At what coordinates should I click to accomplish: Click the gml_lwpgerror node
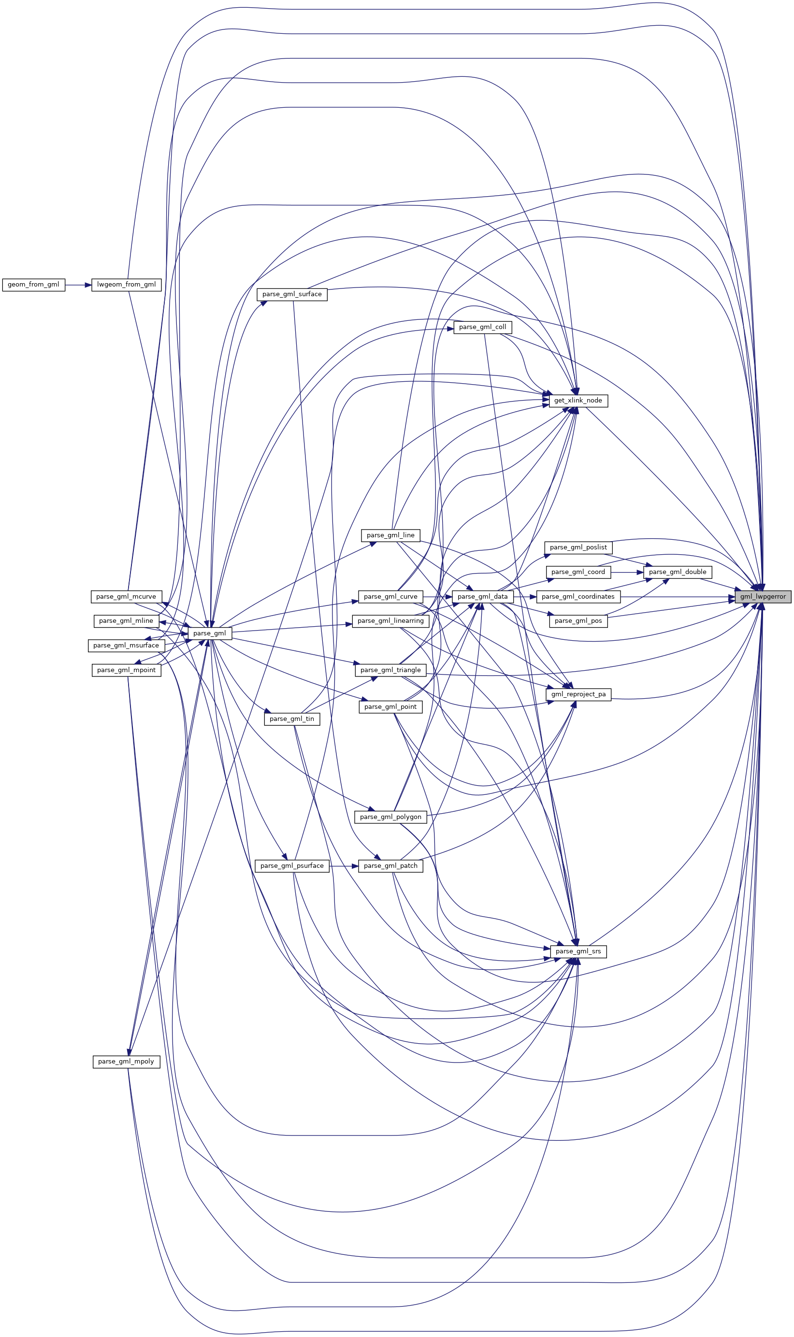click(763, 596)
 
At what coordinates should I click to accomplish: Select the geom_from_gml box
click(34, 285)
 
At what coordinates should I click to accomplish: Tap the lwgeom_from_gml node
click(126, 285)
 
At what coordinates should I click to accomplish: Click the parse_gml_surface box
click(292, 294)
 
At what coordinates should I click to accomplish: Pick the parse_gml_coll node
click(483, 327)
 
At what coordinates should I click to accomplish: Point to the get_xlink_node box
click(578, 400)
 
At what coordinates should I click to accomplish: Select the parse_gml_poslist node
click(578, 547)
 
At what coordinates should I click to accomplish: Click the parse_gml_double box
click(678, 572)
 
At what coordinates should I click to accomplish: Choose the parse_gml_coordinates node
click(578, 596)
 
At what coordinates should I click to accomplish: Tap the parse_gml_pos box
click(578, 621)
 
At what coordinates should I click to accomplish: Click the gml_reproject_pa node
click(578, 694)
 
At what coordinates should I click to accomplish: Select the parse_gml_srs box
click(578, 951)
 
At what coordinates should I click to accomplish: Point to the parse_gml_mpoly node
click(126, 1062)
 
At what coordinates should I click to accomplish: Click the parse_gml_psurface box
click(292, 866)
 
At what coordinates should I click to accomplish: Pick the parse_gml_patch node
click(390, 866)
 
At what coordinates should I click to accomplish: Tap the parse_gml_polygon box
click(390, 817)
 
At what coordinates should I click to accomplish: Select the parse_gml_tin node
click(292, 719)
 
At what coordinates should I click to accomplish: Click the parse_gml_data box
click(483, 596)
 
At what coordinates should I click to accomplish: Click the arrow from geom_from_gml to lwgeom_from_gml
click(79, 285)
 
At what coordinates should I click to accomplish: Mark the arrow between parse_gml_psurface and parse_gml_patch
click(344, 866)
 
